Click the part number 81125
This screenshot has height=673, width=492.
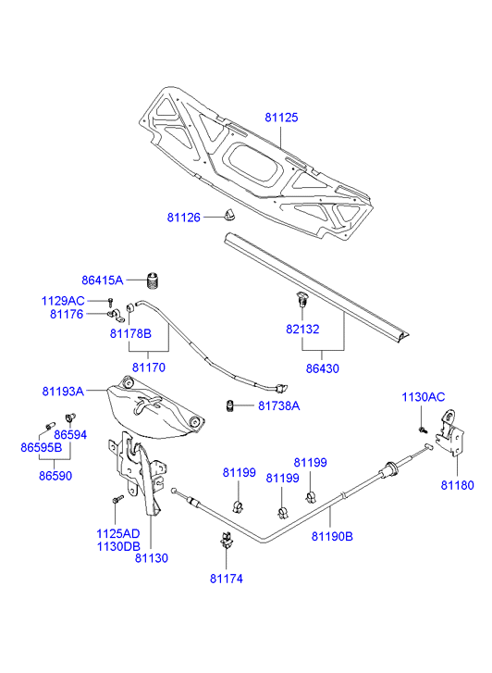pos(281,118)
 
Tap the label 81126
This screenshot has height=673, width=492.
pos(184,218)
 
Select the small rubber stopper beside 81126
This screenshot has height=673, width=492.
pos(229,214)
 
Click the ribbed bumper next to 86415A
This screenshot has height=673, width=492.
pos(154,281)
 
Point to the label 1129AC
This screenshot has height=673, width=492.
pos(63,301)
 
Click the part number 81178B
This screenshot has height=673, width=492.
pos(130,333)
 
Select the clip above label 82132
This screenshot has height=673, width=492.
pos(302,299)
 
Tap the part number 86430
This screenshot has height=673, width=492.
pos(322,368)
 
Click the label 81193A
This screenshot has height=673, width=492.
pos(63,392)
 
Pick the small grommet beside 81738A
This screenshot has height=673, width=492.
pos(230,405)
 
